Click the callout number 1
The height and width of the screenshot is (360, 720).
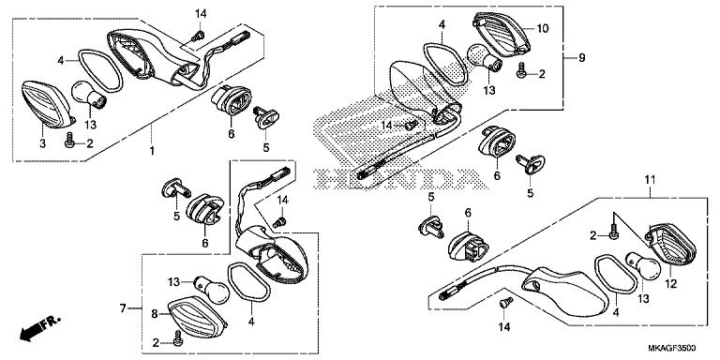(x=152, y=151)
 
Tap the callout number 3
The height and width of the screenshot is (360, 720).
(x=42, y=143)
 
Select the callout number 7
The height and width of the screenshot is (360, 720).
(x=123, y=308)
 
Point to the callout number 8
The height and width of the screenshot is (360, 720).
(x=155, y=314)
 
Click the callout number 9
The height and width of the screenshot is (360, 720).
(x=582, y=58)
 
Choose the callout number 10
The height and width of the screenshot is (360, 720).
(x=542, y=28)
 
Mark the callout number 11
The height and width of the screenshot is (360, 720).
(x=651, y=180)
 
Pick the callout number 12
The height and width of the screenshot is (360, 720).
(x=671, y=284)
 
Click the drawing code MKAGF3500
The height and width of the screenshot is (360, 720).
(x=673, y=348)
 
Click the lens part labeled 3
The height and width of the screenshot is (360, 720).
(x=48, y=104)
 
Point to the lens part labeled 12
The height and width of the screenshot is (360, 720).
(x=671, y=245)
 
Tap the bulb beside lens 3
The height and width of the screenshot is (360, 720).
(x=89, y=94)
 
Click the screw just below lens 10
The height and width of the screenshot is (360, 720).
(x=520, y=71)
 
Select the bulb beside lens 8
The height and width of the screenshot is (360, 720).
(x=212, y=290)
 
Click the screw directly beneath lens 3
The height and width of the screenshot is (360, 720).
(x=69, y=140)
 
